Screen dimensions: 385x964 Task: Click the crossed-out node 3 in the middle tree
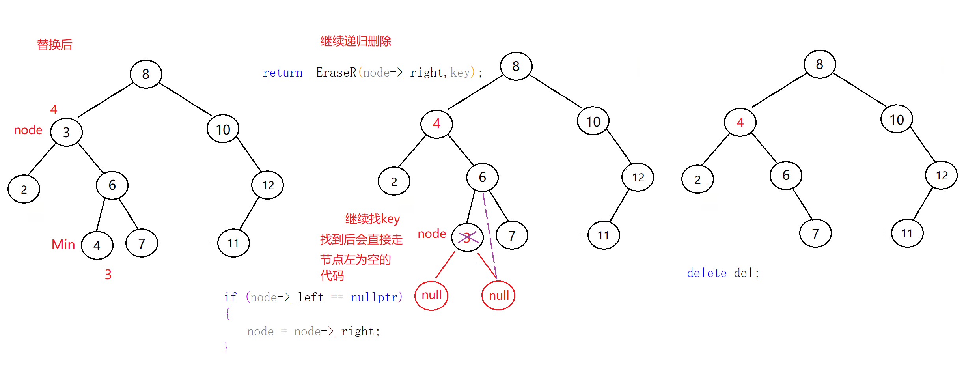(x=467, y=237)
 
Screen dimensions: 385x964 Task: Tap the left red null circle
(x=431, y=295)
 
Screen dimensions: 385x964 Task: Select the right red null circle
(x=498, y=295)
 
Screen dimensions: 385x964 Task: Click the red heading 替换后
(x=54, y=45)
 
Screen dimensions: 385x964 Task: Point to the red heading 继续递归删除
(x=356, y=41)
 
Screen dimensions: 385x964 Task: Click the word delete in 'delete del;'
(x=707, y=273)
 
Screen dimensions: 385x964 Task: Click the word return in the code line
(x=282, y=73)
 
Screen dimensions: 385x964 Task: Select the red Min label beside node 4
(x=63, y=245)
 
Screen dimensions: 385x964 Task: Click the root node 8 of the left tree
(x=146, y=74)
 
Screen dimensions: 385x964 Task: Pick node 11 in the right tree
(x=907, y=234)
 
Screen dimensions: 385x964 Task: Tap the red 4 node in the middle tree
(x=436, y=124)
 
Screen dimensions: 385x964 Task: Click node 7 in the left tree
(x=142, y=243)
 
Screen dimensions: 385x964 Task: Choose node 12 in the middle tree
(x=638, y=178)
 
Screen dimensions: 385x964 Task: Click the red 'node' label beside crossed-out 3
(x=432, y=234)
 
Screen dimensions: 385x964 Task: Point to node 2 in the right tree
(x=697, y=179)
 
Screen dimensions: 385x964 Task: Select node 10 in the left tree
(x=223, y=129)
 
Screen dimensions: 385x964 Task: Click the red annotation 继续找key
(x=372, y=219)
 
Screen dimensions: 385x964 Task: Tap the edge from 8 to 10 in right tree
(x=860, y=90)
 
